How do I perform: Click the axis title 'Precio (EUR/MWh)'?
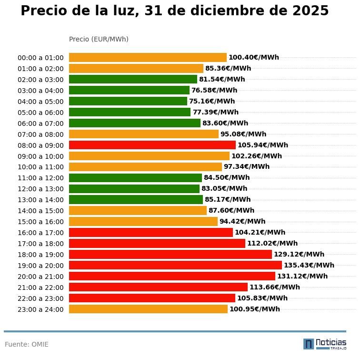point(99,39)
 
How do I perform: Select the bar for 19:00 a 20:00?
point(175,265)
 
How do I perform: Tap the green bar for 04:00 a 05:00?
point(128,101)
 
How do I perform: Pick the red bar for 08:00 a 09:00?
point(152,145)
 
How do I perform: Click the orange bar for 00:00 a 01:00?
point(148,57)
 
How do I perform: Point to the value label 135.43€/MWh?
point(309,265)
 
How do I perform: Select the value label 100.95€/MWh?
point(255,309)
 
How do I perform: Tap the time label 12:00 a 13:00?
point(40,189)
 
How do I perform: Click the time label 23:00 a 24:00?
point(40,309)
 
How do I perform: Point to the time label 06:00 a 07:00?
point(40,123)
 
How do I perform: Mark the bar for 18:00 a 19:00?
point(170,254)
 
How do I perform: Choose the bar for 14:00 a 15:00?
point(138,210)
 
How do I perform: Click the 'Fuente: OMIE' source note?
point(27,344)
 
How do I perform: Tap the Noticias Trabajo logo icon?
point(309,344)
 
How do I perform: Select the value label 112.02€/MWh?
point(272,243)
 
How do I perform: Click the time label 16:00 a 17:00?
point(40,233)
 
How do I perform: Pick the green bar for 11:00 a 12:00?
point(135,177)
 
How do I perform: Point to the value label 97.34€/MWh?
point(247,166)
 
